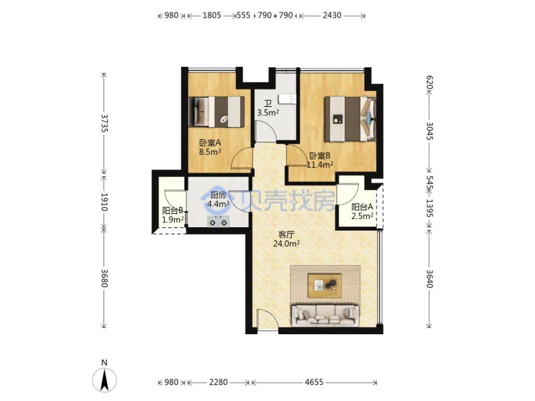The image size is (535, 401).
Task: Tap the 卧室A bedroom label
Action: (x=210, y=143)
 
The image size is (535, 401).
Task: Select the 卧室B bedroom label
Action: (x=320, y=156)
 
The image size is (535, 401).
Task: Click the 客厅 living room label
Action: (x=286, y=235)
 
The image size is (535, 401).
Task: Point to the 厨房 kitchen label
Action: (x=218, y=195)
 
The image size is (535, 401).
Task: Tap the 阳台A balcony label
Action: (x=362, y=207)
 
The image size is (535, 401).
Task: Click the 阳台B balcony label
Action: (x=173, y=210)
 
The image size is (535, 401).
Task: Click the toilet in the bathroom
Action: (x=287, y=99)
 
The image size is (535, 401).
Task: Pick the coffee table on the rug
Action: (x=324, y=285)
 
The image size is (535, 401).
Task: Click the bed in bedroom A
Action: (x=216, y=112)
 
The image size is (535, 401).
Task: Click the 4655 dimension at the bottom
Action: (x=314, y=382)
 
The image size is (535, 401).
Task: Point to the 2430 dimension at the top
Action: (x=332, y=15)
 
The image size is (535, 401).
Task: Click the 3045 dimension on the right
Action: (x=429, y=131)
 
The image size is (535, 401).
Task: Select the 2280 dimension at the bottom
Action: (x=218, y=382)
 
